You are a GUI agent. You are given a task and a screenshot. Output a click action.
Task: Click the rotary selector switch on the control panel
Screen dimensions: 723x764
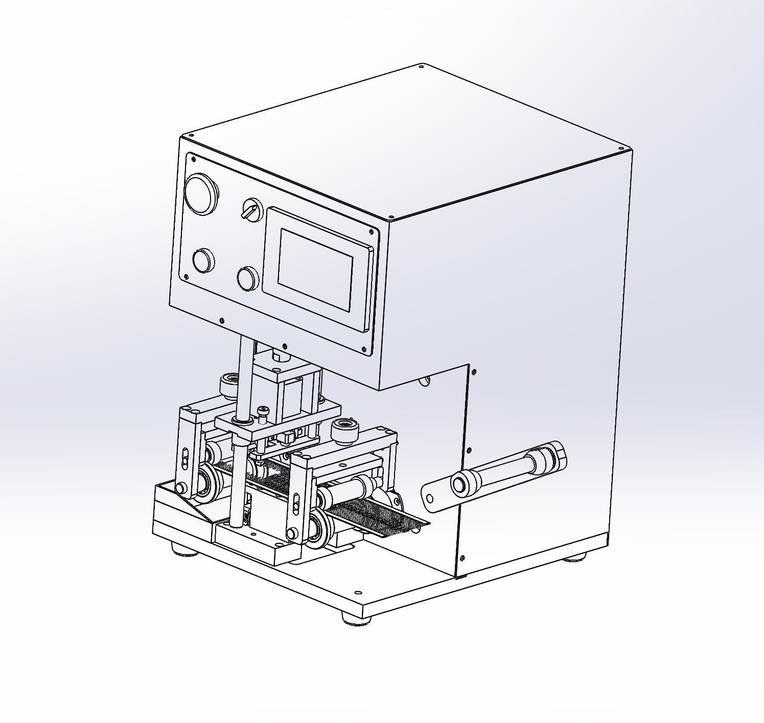[251, 209]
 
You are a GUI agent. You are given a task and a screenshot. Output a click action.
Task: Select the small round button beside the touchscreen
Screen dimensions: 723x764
[248, 278]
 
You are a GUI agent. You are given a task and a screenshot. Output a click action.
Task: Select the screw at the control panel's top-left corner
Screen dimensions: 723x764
[194, 159]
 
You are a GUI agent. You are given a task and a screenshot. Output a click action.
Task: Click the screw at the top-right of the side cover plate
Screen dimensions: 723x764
[474, 372]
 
